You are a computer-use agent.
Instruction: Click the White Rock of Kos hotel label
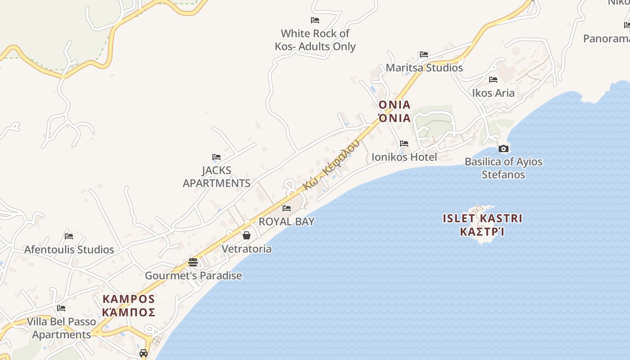click(315, 40)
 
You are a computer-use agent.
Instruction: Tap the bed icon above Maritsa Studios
click(423, 54)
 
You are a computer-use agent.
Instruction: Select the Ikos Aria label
click(493, 93)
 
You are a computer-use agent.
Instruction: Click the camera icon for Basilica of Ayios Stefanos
click(504, 148)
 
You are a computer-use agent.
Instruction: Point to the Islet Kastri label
click(482, 225)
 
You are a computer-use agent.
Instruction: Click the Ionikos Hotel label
click(404, 157)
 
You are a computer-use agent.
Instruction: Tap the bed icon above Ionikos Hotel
click(404, 144)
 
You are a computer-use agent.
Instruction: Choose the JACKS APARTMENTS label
click(216, 177)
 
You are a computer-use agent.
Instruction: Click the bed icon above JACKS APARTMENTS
click(216, 157)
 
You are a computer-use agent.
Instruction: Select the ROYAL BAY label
click(287, 221)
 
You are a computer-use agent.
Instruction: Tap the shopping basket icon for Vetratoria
click(247, 235)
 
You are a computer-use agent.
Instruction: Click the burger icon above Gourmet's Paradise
click(193, 262)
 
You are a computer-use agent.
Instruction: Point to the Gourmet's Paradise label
click(193, 276)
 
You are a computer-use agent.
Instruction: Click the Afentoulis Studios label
click(69, 249)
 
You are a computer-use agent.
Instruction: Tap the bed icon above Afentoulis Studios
click(69, 236)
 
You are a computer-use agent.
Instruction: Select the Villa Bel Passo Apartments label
click(62, 328)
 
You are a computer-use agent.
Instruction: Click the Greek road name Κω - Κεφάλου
click(331, 165)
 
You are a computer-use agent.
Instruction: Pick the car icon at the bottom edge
click(144, 353)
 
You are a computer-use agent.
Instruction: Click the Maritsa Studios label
click(424, 68)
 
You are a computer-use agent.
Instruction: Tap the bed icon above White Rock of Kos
click(315, 20)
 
